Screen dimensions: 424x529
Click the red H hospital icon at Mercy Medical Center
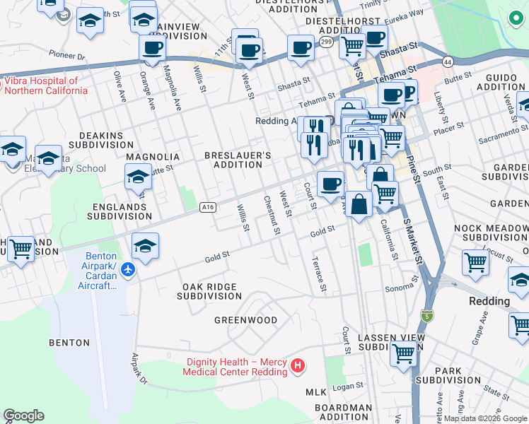298,365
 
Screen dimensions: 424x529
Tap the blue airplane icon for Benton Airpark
127,270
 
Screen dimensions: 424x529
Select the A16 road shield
207,207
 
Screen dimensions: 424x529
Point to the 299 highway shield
325,43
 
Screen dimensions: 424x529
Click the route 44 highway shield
448,62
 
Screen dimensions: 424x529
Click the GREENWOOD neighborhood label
246,320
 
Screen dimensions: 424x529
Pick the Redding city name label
489,301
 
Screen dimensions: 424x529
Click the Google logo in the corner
23,416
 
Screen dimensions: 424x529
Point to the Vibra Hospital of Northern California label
46,86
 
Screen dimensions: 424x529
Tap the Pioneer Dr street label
67,54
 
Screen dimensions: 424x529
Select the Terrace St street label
319,273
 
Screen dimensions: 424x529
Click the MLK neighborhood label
315,391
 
